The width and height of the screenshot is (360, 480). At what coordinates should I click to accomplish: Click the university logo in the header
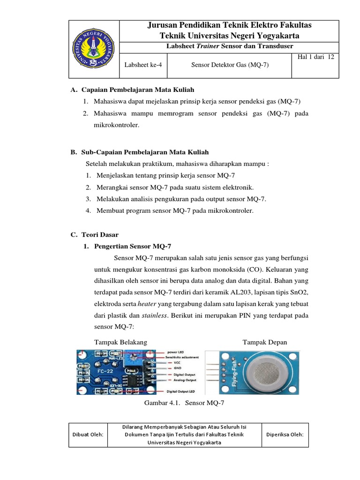[x=94, y=49]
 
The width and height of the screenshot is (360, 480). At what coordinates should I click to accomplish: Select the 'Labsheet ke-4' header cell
[x=143, y=65]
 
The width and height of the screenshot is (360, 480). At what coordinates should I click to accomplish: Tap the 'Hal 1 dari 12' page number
[x=315, y=57]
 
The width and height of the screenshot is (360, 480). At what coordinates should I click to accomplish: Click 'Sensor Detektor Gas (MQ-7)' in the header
[x=230, y=65]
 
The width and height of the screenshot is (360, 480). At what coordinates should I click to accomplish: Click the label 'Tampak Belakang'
[x=120, y=342]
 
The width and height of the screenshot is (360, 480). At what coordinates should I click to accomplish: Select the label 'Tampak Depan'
[x=264, y=342]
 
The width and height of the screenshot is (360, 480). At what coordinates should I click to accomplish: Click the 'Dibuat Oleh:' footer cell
[x=88, y=435]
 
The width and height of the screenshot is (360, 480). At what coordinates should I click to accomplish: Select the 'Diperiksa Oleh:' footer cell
[x=285, y=435]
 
